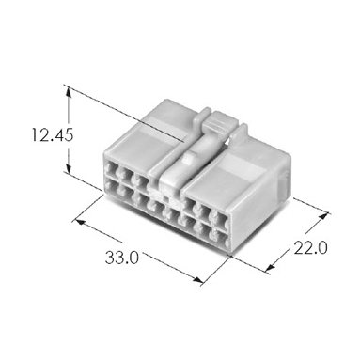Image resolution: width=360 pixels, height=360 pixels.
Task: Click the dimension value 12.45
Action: pyautogui.click(x=53, y=135)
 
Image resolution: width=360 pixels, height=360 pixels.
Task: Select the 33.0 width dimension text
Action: pyautogui.click(x=121, y=258)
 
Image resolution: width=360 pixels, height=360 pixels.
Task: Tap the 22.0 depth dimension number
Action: pyautogui.click(x=311, y=248)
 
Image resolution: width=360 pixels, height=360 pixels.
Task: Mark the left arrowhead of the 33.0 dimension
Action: pyautogui.click(x=80, y=222)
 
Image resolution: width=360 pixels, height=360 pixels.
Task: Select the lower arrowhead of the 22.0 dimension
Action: pyautogui.click(x=271, y=267)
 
